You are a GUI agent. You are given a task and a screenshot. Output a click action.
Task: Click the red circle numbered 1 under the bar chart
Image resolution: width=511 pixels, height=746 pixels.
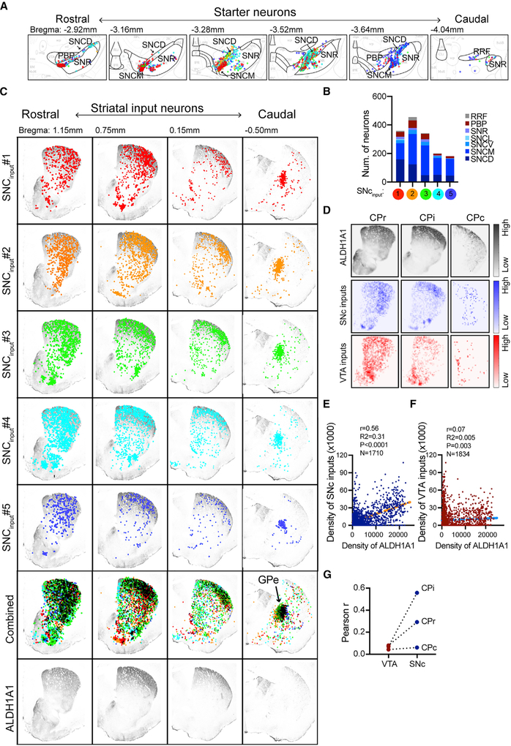click(x=399, y=195)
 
